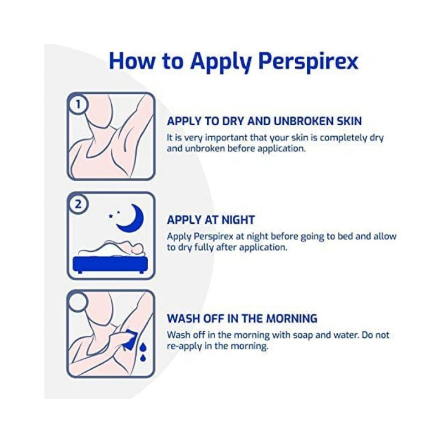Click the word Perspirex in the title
tap(308, 61)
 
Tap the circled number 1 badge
tap(78, 105)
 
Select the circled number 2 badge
tap(78, 204)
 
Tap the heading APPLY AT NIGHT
tap(211, 220)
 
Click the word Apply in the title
tap(220, 61)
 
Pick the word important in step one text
tap(228, 138)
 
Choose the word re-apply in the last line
tap(184, 346)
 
